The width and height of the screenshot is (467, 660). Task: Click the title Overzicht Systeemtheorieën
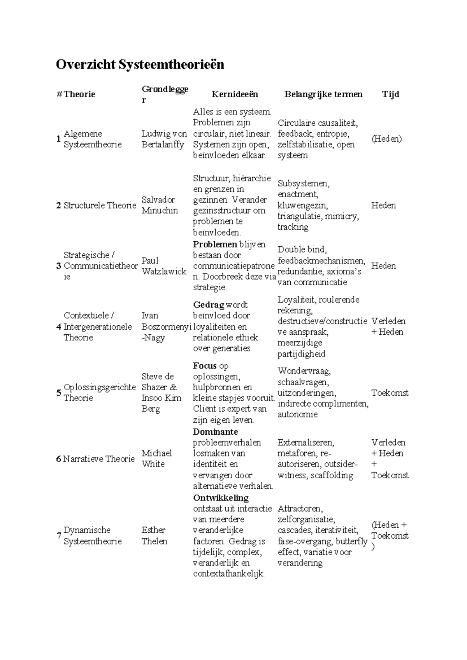coord(140,65)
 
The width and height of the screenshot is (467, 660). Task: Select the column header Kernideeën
coord(235,94)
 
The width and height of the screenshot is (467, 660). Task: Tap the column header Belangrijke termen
coord(323,94)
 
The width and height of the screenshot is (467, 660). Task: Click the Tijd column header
coord(390,94)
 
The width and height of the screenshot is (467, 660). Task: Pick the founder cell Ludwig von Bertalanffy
coord(164,139)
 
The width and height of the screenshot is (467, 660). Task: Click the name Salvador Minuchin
coord(160,205)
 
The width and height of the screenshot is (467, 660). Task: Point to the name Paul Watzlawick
coord(163,266)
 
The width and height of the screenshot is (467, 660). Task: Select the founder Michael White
coord(156,458)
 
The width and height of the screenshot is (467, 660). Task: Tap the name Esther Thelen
coord(154,535)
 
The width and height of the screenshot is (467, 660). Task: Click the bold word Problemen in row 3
coord(215,244)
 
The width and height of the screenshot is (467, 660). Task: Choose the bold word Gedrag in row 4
coord(208,305)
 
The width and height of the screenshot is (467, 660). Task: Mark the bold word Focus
coord(205,366)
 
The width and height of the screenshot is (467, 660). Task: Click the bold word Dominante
coord(215,432)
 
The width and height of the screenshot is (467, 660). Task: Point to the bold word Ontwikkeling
coord(220,498)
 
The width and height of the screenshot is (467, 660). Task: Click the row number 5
coord(59,392)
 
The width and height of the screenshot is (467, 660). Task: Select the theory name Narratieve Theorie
coord(99,459)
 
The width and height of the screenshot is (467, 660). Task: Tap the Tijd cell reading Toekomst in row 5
coord(390,393)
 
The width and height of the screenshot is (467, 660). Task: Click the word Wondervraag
coord(304,371)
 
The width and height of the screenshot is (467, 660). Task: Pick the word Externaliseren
coord(305,442)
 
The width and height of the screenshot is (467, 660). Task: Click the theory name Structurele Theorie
coord(100,205)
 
